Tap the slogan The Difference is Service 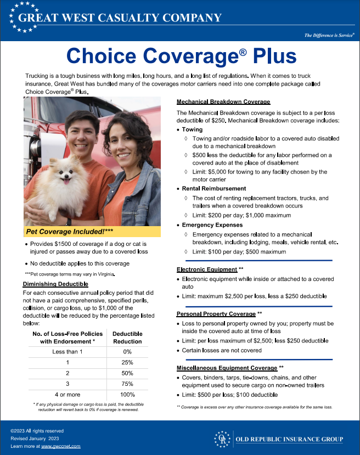click(329, 35)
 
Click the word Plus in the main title click(267, 55)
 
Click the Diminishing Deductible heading click(55, 284)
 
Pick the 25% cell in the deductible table click(127, 363)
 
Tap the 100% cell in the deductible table click(127, 395)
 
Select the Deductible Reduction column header click(127, 337)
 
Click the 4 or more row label click(67, 395)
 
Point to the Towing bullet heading click(193, 130)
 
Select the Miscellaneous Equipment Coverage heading click(227, 367)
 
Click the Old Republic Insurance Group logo click(279, 439)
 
